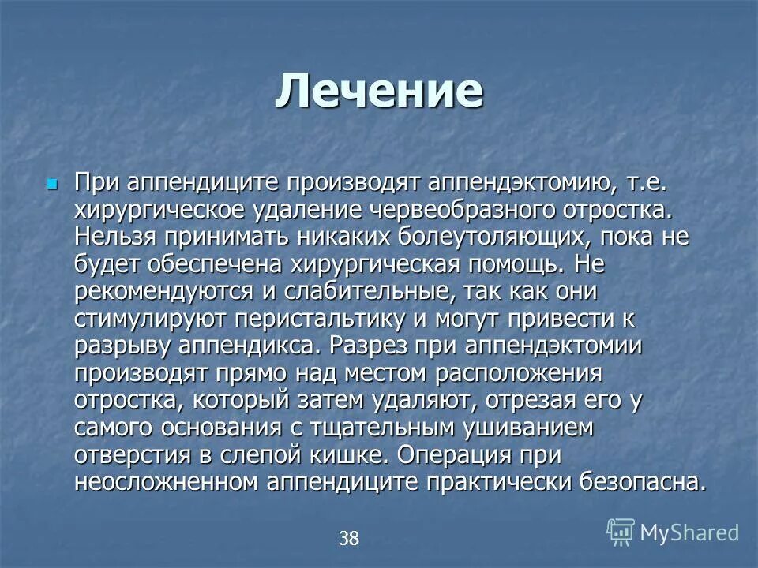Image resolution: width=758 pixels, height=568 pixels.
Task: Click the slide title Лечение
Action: click(x=379, y=92)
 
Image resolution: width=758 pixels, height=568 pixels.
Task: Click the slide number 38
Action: click(x=348, y=539)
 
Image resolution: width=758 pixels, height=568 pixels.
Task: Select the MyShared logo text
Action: click(x=689, y=533)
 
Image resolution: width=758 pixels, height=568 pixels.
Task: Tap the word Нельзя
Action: click(x=114, y=238)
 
